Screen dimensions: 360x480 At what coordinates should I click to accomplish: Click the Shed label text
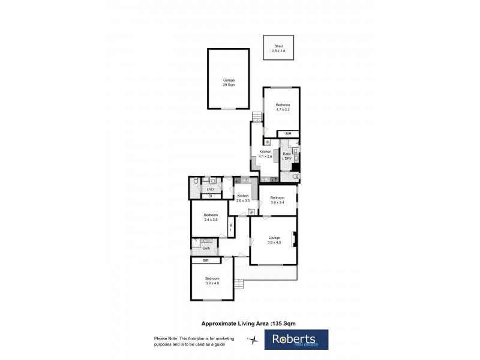point(278,46)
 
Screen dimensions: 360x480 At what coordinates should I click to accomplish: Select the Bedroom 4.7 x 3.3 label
point(283,107)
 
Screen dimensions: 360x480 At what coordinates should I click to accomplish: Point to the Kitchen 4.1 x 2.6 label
point(266,154)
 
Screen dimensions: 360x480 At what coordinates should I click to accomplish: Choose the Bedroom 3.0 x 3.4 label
point(278,200)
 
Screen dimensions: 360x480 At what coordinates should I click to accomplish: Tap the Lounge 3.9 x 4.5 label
point(274,239)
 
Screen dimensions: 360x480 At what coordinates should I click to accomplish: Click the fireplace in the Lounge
point(294,239)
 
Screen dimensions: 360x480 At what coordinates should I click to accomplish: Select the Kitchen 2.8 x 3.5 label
point(243,198)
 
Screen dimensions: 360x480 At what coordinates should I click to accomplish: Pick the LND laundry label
point(210,189)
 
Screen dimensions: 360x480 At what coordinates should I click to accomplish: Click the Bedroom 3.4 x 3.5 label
point(211,217)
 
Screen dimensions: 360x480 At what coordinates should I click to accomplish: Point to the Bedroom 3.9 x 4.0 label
point(212,280)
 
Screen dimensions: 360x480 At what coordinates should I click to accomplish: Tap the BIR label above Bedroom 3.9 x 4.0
point(205,260)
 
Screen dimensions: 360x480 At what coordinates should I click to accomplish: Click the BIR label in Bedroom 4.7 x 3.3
point(288,133)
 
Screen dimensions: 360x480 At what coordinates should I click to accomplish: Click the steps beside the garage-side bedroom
point(257,116)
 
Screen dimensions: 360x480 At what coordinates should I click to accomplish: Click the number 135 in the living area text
point(278,322)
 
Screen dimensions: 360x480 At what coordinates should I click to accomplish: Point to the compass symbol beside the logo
point(254,339)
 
